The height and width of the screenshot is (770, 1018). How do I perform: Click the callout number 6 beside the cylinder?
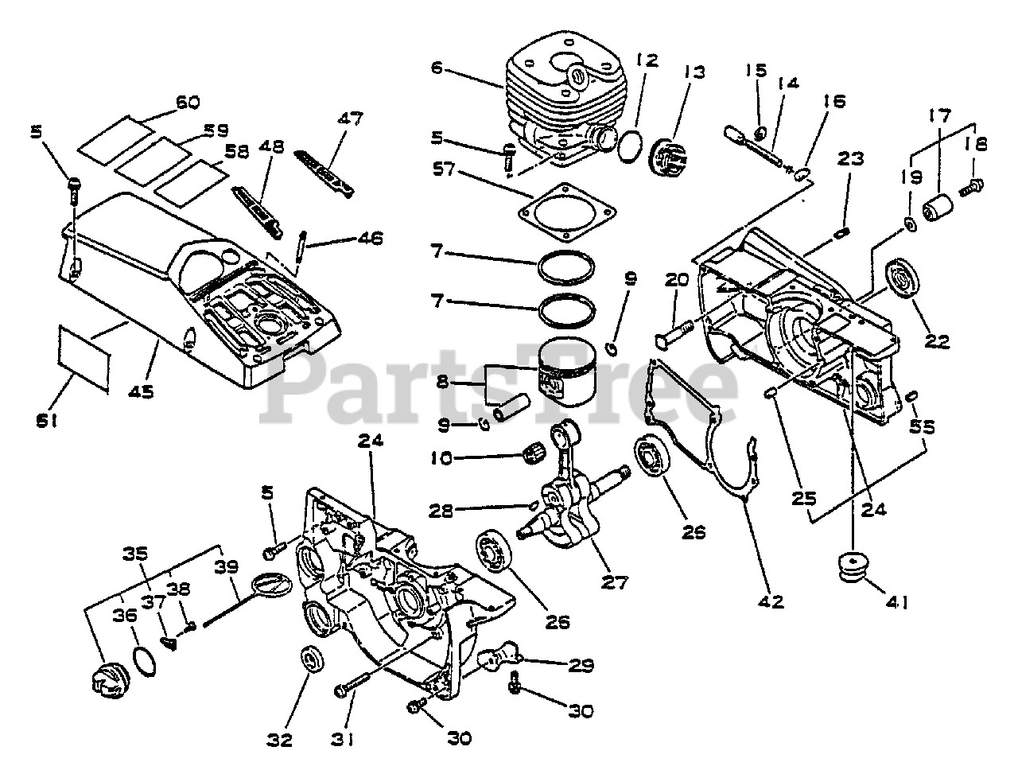436,68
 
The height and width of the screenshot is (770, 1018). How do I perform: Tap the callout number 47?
349,119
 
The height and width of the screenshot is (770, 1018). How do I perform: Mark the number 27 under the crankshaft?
614,583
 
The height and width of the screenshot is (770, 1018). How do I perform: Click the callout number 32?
279,739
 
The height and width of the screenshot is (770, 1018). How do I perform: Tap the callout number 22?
937,342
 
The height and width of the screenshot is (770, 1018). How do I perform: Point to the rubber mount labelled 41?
855,568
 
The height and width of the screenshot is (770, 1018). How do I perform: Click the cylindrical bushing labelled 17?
939,208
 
